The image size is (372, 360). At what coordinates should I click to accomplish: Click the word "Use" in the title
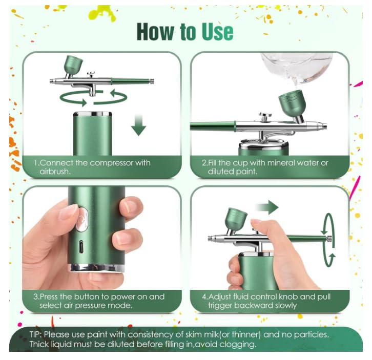(217, 32)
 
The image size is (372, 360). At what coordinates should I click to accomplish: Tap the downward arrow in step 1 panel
(138, 125)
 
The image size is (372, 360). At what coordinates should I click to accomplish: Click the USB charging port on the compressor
(81, 247)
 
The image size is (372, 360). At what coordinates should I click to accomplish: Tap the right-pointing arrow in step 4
(266, 207)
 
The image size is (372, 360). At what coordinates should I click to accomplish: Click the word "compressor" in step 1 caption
(112, 163)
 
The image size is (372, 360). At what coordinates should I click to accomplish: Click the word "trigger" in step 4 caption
(220, 305)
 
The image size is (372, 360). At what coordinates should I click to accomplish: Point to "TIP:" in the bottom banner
(36, 334)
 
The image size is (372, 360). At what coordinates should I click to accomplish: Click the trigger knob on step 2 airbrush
(265, 116)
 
